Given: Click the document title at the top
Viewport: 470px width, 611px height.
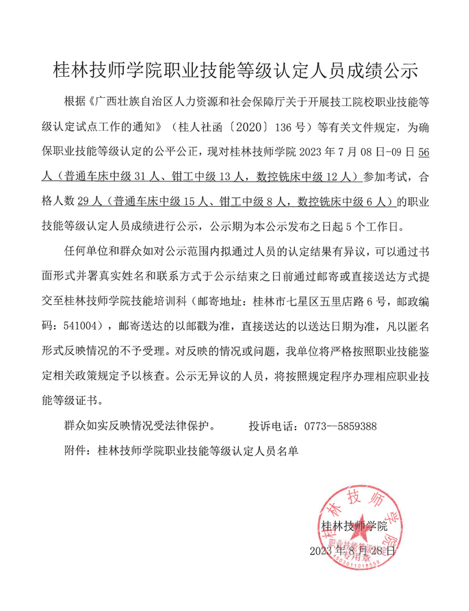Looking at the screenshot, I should pos(235,69).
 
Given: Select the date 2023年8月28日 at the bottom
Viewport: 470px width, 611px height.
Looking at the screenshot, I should pos(352,550).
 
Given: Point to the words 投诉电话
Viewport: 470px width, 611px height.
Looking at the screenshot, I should pos(272,426).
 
